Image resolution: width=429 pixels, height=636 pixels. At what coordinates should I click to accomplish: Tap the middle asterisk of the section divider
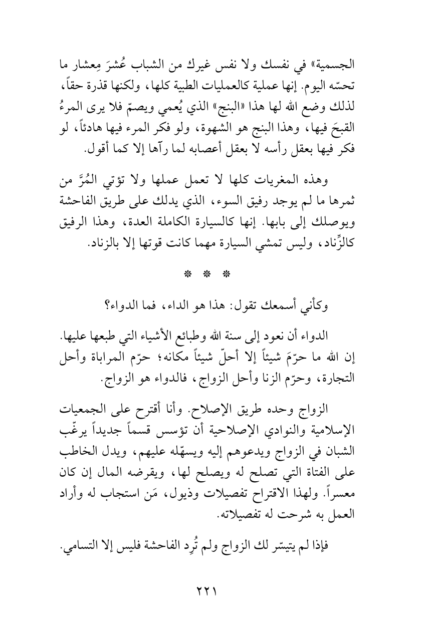(x=207, y=274)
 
